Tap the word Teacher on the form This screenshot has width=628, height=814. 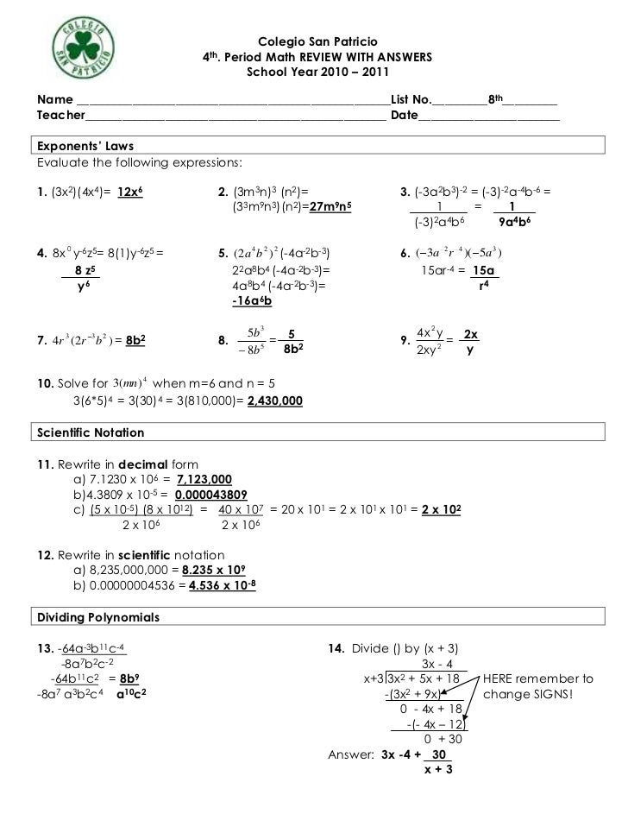(x=60, y=115)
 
